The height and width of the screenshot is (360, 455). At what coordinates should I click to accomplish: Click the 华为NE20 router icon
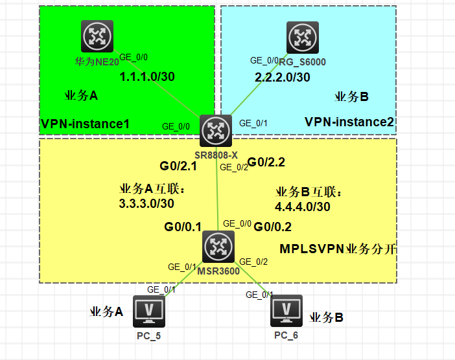click(97, 36)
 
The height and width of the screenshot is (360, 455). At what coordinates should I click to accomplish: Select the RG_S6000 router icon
click(303, 38)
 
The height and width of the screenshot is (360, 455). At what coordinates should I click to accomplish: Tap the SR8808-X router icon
click(216, 131)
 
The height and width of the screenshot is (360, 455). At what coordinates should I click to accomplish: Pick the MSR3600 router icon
click(218, 247)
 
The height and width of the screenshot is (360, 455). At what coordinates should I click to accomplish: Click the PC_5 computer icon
click(149, 311)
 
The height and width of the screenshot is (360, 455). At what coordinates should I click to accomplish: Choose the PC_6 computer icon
click(286, 311)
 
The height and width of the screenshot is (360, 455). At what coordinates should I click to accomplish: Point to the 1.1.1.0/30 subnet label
click(147, 77)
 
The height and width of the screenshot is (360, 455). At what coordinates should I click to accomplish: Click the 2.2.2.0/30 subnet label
click(283, 78)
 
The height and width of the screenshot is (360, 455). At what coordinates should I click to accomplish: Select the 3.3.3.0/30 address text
click(146, 203)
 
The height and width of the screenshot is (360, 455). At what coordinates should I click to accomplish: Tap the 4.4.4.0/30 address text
click(303, 207)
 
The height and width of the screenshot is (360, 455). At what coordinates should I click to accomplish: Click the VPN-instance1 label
click(85, 124)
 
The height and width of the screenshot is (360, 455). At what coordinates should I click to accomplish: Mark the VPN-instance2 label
click(349, 122)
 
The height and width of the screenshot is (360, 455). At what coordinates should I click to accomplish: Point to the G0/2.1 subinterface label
click(178, 166)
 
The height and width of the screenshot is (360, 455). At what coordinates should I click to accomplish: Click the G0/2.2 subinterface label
click(266, 163)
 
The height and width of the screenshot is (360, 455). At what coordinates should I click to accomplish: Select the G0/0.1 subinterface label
click(183, 227)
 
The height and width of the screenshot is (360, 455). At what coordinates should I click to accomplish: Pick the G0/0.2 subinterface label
click(272, 227)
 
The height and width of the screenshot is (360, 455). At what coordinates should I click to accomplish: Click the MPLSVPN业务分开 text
click(338, 249)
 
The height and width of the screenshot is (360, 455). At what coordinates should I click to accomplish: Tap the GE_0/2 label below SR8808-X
click(234, 167)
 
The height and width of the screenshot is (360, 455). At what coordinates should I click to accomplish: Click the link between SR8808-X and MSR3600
click(217, 188)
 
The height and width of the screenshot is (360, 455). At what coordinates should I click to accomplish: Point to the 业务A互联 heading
click(152, 189)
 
